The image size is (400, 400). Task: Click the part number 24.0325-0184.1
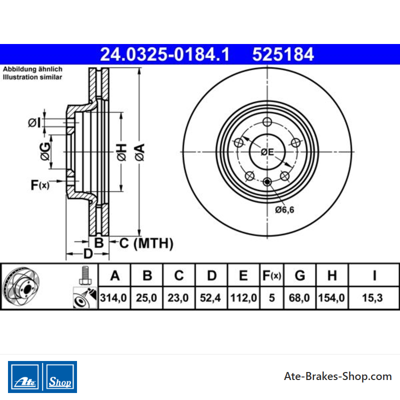[165, 54]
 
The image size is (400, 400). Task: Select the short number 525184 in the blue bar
[283, 54]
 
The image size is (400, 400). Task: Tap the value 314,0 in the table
[113, 297]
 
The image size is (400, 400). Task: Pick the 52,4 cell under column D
[210, 297]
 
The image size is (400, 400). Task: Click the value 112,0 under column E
[243, 297]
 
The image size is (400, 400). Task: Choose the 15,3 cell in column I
[372, 297]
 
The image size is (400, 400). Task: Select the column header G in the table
[299, 275]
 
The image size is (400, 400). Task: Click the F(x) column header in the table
[271, 276]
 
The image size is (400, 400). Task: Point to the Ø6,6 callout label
[284, 209]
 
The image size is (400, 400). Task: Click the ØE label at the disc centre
[267, 152]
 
